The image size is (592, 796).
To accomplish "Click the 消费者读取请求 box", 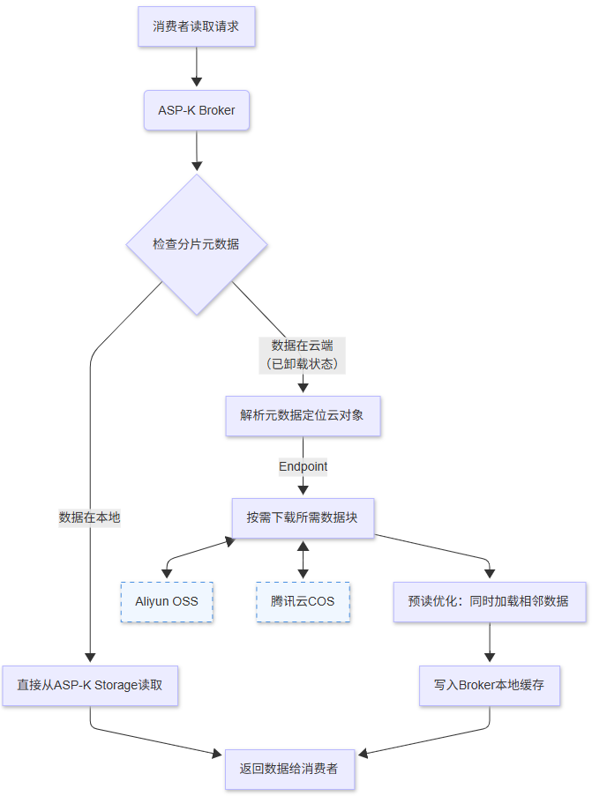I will pyautogui.click(x=196, y=26).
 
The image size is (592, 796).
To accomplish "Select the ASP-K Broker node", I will pyautogui.click(x=196, y=110).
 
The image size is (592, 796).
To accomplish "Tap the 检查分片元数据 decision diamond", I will pyautogui.click(x=196, y=244).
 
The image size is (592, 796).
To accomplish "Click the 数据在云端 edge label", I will pyautogui.click(x=303, y=353).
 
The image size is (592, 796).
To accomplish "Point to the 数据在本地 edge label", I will pyautogui.click(x=90, y=517).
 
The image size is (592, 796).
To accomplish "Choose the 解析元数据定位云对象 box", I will pyautogui.click(x=303, y=414).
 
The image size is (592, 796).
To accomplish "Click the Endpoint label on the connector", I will pyautogui.click(x=303, y=465).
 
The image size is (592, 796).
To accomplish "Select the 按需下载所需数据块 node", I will pyautogui.click(x=303, y=517).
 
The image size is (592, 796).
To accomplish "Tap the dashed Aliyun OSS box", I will pyautogui.click(x=167, y=602).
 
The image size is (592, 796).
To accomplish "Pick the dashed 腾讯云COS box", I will pyautogui.click(x=303, y=602).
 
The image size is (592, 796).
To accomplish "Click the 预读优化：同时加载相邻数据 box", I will pyautogui.click(x=489, y=602).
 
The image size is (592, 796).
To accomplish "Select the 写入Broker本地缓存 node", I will pyautogui.click(x=489, y=684).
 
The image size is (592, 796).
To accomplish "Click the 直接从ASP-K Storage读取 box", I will pyautogui.click(x=90, y=684).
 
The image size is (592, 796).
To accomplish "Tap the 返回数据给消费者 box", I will pyautogui.click(x=289, y=769).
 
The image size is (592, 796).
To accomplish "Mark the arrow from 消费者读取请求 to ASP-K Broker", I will pyautogui.click(x=196, y=68).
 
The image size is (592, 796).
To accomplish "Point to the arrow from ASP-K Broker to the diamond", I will pyautogui.click(x=196, y=151).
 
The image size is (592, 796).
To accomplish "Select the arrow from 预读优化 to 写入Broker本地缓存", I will pyautogui.click(x=489, y=643).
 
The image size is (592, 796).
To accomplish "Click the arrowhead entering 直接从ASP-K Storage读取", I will pyautogui.click(x=90, y=657).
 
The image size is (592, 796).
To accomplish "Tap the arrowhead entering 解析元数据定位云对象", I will pyautogui.click(x=303, y=387).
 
